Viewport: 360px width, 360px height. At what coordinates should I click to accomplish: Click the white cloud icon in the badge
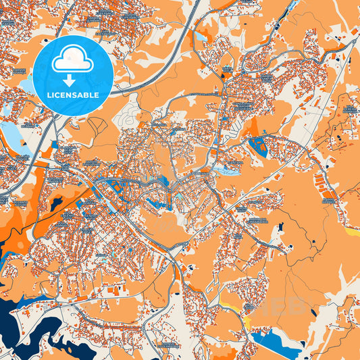(73, 60)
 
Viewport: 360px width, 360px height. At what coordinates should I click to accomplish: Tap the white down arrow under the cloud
(73, 80)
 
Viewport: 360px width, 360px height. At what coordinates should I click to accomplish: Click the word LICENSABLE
(73, 95)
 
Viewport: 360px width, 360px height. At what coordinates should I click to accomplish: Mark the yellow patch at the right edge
(352, 231)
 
